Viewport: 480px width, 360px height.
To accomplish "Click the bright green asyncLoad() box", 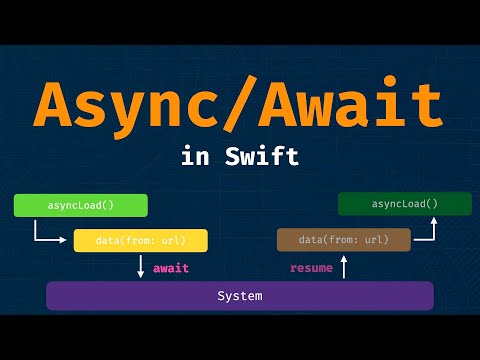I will coord(80,206).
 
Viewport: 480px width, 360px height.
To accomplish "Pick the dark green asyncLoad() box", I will coord(404,204).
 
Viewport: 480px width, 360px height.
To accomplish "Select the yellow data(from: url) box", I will coord(140,240).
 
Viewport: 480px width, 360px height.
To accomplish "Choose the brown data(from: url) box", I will coord(343,240).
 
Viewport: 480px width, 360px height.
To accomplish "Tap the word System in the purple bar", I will coord(240,296).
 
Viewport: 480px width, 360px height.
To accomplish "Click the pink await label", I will coord(171,268).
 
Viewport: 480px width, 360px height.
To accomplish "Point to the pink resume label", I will coord(311,268).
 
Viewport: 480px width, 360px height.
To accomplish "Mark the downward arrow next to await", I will coord(141,267).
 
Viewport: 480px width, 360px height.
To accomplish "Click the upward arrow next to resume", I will coord(343,267).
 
